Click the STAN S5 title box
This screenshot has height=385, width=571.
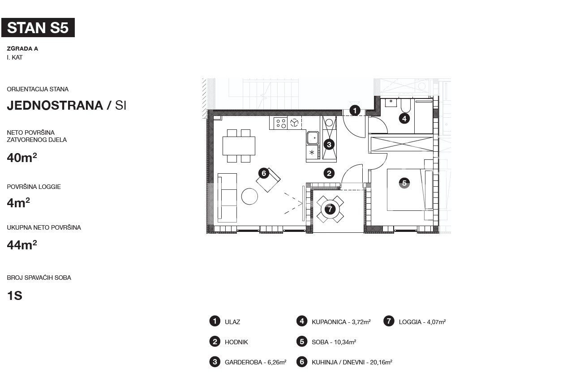point(38,27)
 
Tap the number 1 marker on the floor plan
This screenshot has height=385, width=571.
point(355,111)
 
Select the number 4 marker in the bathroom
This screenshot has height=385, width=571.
point(404,119)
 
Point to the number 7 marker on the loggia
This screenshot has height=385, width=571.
point(330,209)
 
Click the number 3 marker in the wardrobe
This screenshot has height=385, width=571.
point(329,145)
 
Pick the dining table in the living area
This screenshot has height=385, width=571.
point(239,146)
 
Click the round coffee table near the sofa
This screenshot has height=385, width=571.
point(249,196)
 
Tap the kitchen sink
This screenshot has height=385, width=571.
point(313,138)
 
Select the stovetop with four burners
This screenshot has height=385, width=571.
point(281,123)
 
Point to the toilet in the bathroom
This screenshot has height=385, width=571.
point(406,106)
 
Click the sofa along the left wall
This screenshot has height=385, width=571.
point(227,198)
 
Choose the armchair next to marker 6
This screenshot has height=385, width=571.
point(268,180)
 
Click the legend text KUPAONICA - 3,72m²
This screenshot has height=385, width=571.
point(341,322)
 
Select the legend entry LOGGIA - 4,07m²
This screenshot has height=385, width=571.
point(422,322)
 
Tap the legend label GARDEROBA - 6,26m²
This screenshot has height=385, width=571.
point(255,362)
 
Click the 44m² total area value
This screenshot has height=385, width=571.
point(22,245)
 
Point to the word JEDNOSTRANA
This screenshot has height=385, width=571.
point(55,106)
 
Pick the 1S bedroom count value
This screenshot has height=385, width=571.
point(15,295)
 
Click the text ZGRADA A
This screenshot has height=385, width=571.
point(22,49)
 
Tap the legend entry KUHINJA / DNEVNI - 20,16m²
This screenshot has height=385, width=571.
point(352,362)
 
